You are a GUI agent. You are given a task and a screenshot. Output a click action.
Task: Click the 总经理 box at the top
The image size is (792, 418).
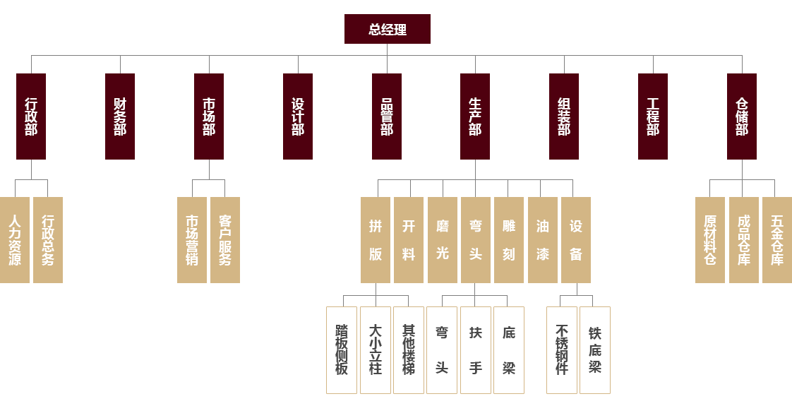(387, 29)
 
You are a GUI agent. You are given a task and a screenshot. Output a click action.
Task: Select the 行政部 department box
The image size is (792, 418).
(31, 116)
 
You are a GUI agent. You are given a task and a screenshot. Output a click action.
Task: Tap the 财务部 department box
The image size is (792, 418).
(120, 116)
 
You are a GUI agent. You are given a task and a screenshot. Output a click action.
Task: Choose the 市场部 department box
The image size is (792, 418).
(209, 116)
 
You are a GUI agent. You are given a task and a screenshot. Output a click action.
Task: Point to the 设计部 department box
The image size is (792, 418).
(298, 116)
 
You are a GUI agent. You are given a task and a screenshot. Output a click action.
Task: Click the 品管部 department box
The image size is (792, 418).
(387, 116)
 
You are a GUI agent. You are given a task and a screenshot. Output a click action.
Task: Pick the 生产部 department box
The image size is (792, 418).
(475, 116)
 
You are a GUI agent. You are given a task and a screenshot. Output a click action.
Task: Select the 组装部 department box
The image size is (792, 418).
(564, 116)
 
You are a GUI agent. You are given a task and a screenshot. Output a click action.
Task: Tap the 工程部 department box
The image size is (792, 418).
(653, 116)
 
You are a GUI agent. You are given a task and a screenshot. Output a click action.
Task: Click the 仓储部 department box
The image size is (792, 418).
(742, 116)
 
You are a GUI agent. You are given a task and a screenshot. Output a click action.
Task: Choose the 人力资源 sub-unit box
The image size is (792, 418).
(15, 240)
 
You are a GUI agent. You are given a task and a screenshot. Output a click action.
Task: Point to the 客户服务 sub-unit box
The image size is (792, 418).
(225, 240)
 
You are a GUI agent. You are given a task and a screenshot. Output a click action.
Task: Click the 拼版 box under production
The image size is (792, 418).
(376, 240)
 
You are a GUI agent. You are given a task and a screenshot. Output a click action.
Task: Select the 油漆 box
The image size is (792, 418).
(543, 240)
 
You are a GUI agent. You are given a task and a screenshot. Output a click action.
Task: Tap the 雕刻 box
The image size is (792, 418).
(509, 240)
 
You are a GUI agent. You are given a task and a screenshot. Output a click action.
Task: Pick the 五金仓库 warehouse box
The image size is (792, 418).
(777, 240)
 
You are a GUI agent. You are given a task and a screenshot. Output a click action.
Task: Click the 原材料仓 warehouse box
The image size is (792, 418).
(710, 240)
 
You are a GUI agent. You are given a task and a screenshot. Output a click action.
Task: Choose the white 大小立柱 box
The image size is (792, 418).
(376, 350)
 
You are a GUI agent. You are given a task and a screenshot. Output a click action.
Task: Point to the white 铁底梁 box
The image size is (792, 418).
(595, 350)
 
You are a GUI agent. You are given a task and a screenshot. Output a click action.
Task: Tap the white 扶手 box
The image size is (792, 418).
(476, 350)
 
